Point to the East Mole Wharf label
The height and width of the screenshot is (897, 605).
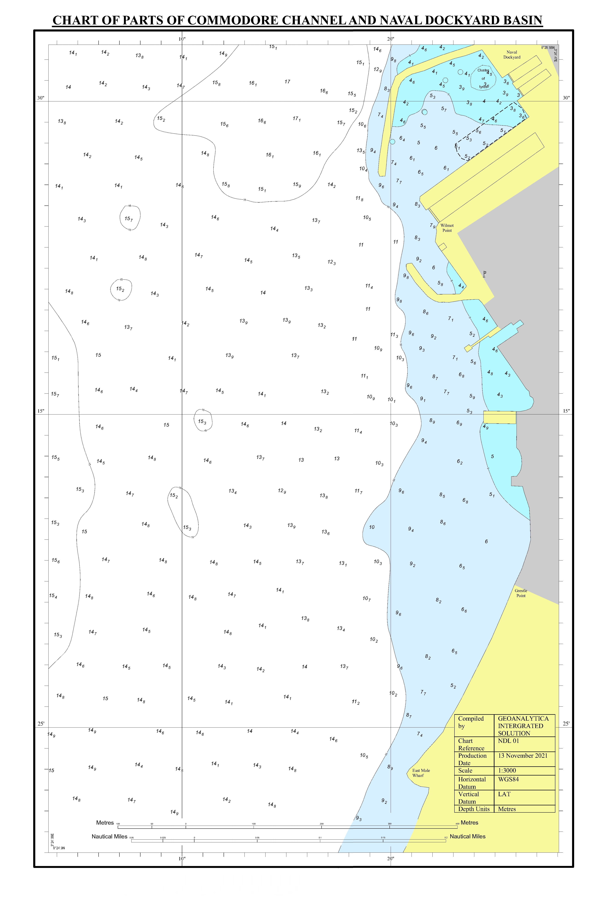point(421,773)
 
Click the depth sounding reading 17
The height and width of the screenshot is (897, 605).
point(287,82)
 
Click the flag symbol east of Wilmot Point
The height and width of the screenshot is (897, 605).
point(484,274)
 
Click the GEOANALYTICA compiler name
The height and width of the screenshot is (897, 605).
point(523,719)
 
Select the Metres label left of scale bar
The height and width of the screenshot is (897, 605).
point(105,823)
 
